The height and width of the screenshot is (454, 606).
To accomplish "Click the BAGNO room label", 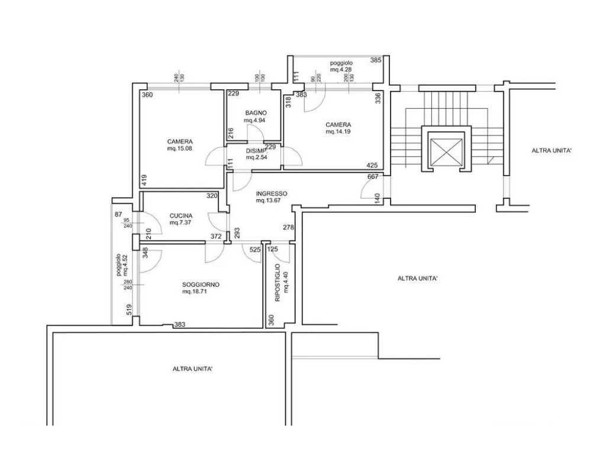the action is tap(256, 113).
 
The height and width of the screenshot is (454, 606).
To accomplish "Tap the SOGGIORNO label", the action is tap(201, 285).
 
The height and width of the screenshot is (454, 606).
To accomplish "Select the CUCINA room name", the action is tap(180, 216).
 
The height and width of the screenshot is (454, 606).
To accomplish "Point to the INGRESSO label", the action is tap(271, 194).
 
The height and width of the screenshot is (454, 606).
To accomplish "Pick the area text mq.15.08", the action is tap(179, 148).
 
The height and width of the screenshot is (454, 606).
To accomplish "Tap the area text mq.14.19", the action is tap(338, 132).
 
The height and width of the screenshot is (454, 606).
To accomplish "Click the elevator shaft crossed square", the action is tap(446, 152).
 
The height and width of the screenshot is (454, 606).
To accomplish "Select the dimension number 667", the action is tap(373, 177).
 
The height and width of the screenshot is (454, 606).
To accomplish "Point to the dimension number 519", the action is tap(130, 310).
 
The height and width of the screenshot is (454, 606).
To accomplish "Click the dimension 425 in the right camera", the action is tap(372, 166).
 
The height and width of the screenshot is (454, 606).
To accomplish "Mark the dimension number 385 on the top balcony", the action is tap(376, 60).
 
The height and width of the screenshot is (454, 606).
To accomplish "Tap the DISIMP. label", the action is tap(256, 151).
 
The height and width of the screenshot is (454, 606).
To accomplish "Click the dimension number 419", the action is tap(144, 181).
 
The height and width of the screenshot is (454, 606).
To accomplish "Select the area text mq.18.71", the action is tap(194, 292).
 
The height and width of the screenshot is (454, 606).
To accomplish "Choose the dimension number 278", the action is tap(288, 228).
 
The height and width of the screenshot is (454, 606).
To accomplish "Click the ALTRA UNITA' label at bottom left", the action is tap(192, 369).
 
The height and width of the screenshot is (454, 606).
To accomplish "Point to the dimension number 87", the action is tap(118, 215).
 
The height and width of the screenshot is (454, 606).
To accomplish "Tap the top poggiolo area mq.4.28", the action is tap(341, 70).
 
